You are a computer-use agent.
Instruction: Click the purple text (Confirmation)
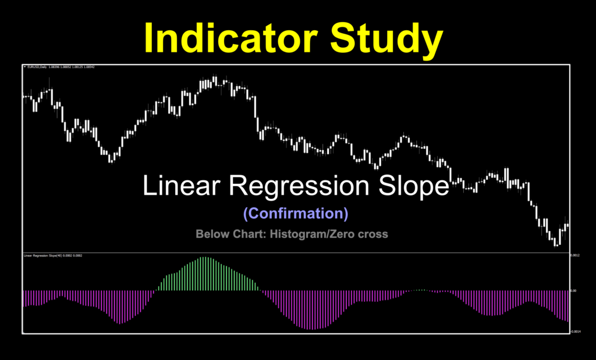click(296, 213)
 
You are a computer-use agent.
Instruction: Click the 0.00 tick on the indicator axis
click(573, 290)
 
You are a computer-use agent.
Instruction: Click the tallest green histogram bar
click(203, 273)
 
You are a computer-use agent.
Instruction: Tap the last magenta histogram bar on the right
click(567, 305)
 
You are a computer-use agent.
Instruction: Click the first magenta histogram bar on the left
click(24, 298)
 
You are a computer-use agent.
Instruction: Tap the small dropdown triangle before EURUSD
click(24, 67)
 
